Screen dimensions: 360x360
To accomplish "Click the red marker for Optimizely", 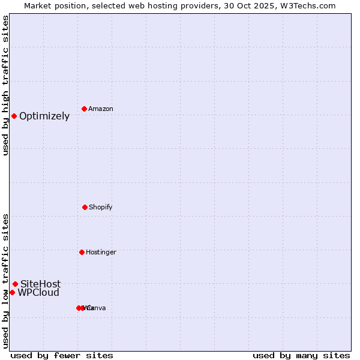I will [x=14, y=116].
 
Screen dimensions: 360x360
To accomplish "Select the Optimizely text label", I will [x=44, y=116].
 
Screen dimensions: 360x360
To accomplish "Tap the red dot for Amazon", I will [x=84, y=109].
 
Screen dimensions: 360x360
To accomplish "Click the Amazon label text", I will [x=101, y=109].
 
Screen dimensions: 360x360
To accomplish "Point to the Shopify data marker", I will [x=85, y=207].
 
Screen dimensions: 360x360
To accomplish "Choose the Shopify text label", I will [x=101, y=208].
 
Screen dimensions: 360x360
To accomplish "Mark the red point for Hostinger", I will [x=82, y=252].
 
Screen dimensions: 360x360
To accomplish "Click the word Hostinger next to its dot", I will [x=101, y=253].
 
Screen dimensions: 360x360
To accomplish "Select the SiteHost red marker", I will [x=15, y=284].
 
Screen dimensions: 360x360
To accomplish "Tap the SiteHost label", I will [x=41, y=284].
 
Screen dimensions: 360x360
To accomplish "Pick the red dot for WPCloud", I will [x=12, y=292].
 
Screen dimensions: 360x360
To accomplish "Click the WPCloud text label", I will [x=38, y=293].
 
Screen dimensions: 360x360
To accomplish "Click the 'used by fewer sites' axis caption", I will [x=62, y=355].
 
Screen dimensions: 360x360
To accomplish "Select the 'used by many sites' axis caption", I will [x=301, y=355].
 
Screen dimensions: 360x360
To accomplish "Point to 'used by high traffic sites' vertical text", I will [x=5, y=85].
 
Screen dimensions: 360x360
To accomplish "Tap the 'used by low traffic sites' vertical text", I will [x=5, y=280].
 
